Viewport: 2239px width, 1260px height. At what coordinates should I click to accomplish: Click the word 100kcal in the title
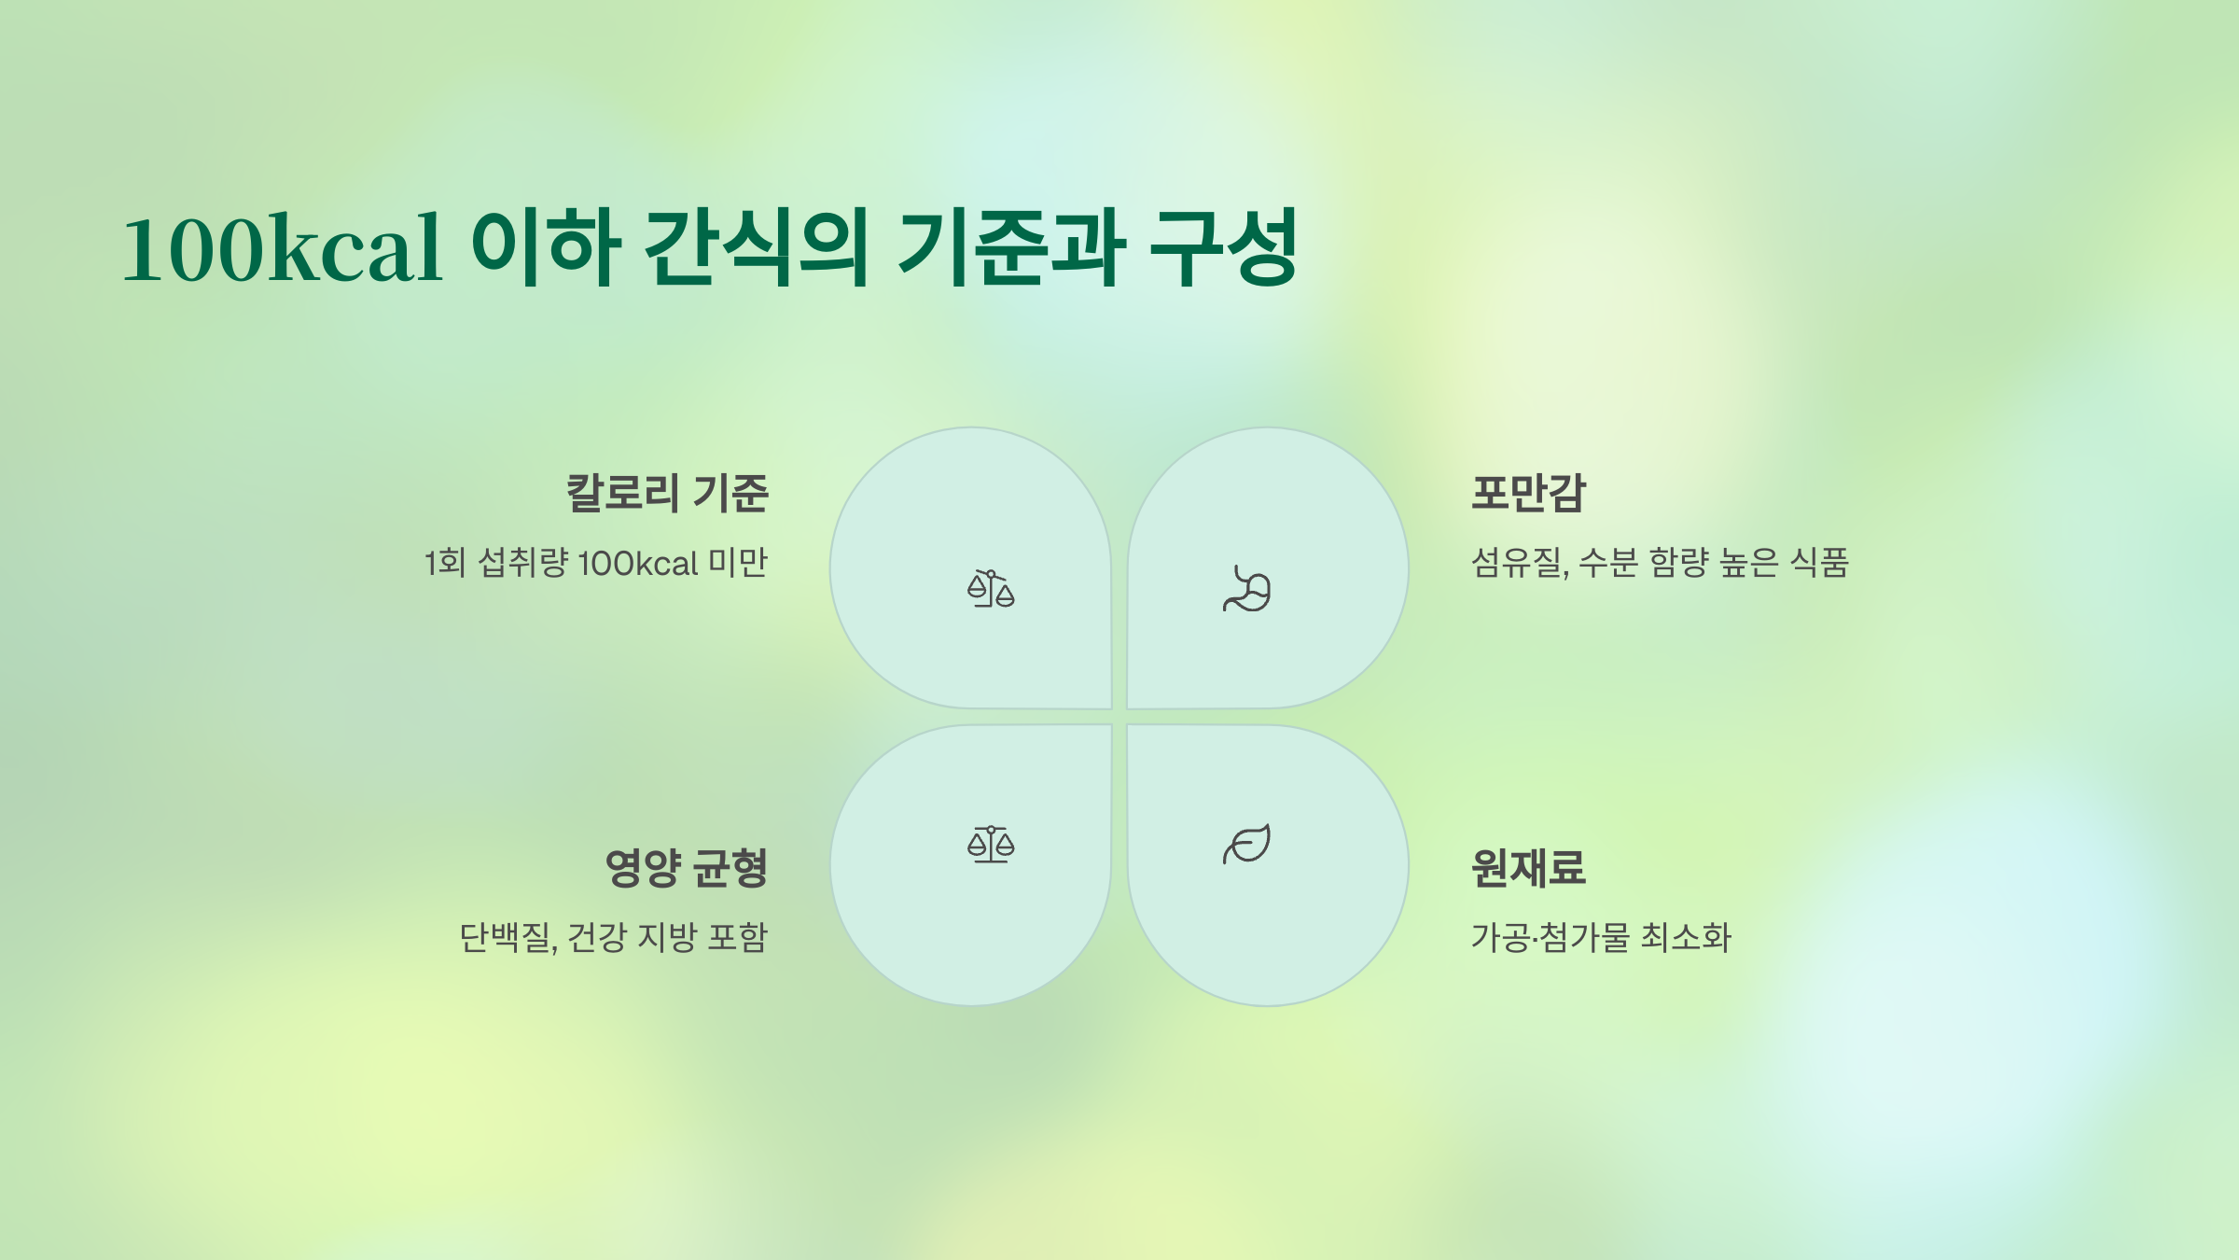click(x=282, y=247)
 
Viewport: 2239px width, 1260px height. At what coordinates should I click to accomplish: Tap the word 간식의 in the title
click(x=757, y=247)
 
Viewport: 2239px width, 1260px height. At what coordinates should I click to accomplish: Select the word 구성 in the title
click(x=1223, y=247)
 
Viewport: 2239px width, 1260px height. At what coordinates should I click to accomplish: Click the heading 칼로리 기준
click(x=667, y=493)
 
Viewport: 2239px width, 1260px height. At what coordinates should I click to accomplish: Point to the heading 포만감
click(x=1528, y=493)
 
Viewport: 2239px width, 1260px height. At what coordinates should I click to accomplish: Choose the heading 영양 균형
click(x=687, y=868)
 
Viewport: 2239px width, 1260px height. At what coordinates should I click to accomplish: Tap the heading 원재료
click(x=1528, y=868)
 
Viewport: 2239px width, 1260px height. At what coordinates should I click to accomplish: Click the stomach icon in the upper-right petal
click(x=1247, y=589)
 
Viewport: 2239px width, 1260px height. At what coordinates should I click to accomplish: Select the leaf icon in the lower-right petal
click(x=1247, y=844)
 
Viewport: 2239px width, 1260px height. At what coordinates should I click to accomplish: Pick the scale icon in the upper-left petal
click(x=991, y=588)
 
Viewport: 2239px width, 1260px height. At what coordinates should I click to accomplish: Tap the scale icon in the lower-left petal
click(x=991, y=844)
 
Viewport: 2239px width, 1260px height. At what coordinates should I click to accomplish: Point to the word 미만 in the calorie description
click(x=738, y=563)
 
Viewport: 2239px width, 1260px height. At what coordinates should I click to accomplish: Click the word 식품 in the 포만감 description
click(x=1819, y=563)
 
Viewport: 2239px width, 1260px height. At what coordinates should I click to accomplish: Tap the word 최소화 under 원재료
click(x=1686, y=937)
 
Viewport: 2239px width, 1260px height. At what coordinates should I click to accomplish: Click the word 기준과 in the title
click(x=1012, y=247)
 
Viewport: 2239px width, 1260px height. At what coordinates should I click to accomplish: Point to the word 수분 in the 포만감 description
click(x=1608, y=563)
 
